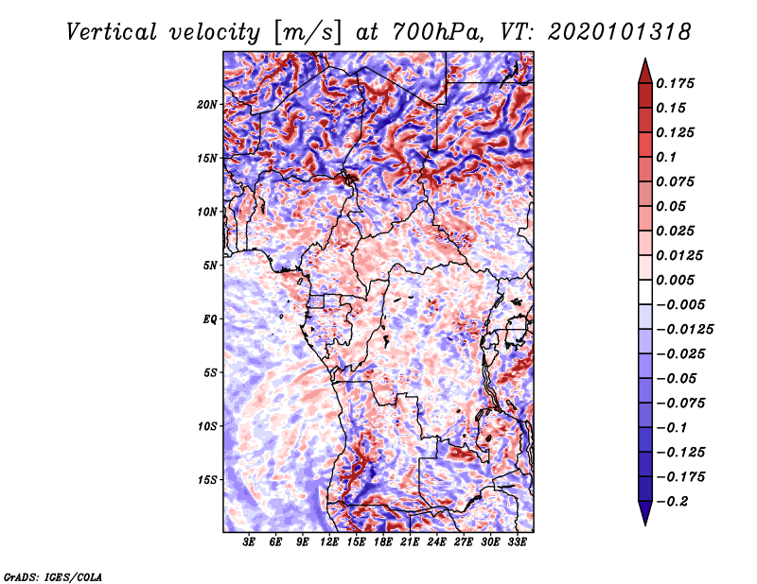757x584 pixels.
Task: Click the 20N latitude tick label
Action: [x=207, y=104]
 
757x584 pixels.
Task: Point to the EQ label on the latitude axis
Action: [x=210, y=318]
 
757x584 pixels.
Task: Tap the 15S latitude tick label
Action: [x=207, y=479]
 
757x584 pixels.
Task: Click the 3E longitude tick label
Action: [x=250, y=543]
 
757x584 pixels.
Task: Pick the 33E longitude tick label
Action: [x=518, y=543]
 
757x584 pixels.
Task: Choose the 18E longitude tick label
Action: [x=383, y=543]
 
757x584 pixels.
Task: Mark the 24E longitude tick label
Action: [x=437, y=543]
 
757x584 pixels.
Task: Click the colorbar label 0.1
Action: [x=666, y=157]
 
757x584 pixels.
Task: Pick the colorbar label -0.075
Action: [x=679, y=403]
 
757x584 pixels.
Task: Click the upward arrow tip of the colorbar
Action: [x=643, y=61]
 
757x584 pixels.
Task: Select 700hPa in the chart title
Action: [x=431, y=32]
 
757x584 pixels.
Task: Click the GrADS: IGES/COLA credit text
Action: [x=53, y=575]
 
